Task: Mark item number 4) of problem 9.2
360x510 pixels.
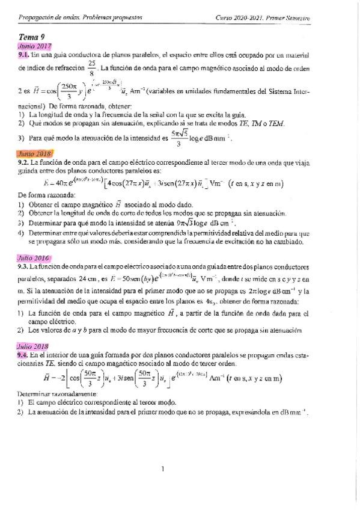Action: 20,232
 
